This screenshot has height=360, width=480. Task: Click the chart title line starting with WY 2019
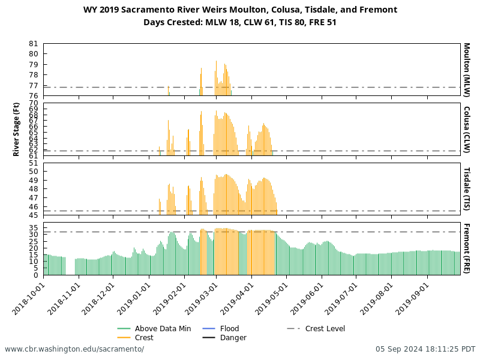(x=240, y=10)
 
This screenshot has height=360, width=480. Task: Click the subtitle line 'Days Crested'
(x=240, y=22)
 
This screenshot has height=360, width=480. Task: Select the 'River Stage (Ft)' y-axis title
(x=16, y=130)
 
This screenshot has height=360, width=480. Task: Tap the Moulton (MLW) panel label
(x=466, y=70)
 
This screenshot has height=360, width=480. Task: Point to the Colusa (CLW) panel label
(x=466, y=129)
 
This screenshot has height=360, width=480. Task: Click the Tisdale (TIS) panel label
(x=466, y=189)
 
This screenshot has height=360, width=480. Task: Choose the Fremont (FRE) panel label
(x=466, y=248)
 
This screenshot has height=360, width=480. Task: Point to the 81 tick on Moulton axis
(x=33, y=44)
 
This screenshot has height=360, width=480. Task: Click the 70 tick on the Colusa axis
(x=33, y=103)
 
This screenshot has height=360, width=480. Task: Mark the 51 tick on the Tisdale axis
(x=33, y=163)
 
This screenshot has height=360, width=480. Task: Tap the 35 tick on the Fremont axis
(x=33, y=227)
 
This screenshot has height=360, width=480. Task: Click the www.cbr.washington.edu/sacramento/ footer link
(x=74, y=349)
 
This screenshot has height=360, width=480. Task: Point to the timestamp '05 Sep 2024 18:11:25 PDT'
(x=425, y=349)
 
